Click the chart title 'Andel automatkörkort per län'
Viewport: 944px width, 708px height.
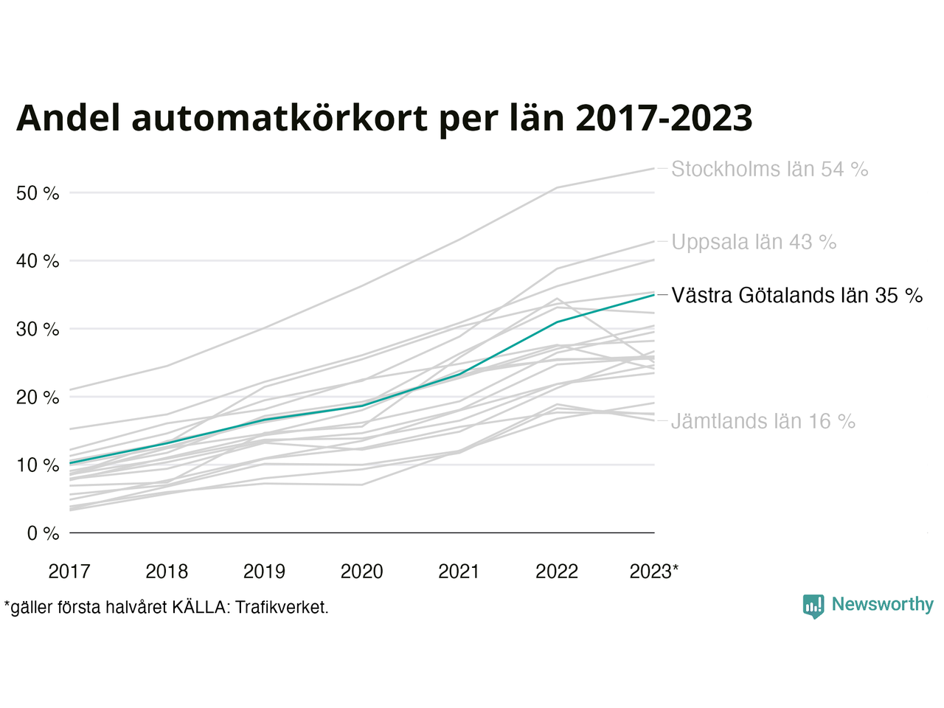[384, 118]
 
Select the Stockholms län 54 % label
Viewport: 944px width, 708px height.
[769, 170]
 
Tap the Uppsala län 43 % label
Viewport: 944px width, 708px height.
[753, 242]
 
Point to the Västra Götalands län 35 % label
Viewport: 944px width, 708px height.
[796, 296]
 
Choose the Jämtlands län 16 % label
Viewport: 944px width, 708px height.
[763, 422]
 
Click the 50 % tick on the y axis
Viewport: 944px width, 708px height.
[38, 193]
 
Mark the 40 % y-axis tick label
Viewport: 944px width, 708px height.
[38, 261]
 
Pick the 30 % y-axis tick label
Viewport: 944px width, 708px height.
[38, 329]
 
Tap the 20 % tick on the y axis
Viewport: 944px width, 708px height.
[38, 398]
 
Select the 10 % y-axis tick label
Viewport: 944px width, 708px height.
[38, 465]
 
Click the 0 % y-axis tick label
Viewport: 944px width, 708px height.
[43, 533]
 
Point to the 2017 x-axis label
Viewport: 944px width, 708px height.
[69, 572]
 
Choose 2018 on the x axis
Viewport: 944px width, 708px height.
[167, 572]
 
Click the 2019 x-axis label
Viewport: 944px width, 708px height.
[264, 572]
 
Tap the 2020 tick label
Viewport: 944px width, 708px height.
[361, 572]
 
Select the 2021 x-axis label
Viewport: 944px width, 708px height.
[459, 572]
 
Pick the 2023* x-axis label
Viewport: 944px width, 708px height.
[654, 572]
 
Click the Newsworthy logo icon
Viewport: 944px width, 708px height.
[813, 606]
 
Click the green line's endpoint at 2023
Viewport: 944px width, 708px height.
[654, 294]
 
